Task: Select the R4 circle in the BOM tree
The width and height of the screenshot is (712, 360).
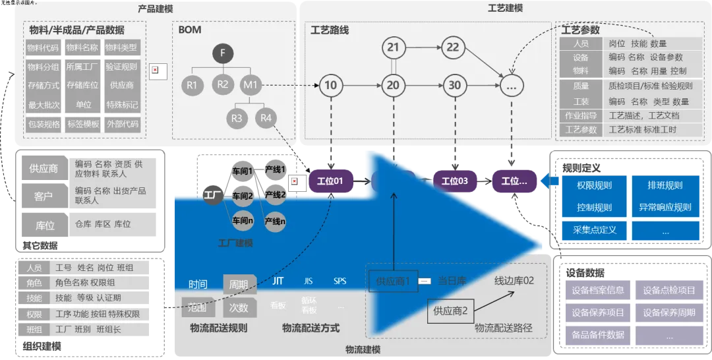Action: pyautogui.click(x=266, y=119)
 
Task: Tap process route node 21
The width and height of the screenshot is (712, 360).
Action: pyautogui.click(x=393, y=47)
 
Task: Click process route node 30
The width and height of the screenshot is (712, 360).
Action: pyautogui.click(x=454, y=85)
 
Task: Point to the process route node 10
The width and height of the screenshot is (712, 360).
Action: pyautogui.click(x=330, y=85)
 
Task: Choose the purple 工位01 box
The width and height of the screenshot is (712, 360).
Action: pyautogui.click(x=330, y=181)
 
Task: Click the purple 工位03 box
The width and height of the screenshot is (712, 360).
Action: pyautogui.click(x=454, y=181)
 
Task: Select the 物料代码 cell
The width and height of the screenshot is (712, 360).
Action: pyautogui.click(x=43, y=47)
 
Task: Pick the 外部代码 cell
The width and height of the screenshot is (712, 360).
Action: pyautogui.click(x=122, y=124)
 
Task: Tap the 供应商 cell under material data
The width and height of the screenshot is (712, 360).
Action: pyautogui.click(x=122, y=86)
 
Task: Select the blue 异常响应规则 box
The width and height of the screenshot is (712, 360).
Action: pyautogui.click(x=665, y=207)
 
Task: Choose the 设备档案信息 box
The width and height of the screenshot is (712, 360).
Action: pyautogui.click(x=598, y=290)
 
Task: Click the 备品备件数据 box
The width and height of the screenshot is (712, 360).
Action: pyautogui.click(x=598, y=334)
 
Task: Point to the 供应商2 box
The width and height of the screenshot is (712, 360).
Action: pyautogui.click(x=450, y=311)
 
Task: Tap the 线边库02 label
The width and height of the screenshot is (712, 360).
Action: pyautogui.click(x=514, y=281)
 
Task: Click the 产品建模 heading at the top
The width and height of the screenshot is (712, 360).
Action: pyautogui.click(x=156, y=9)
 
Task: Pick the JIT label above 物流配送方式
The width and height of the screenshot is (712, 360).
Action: pyautogui.click(x=278, y=282)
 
